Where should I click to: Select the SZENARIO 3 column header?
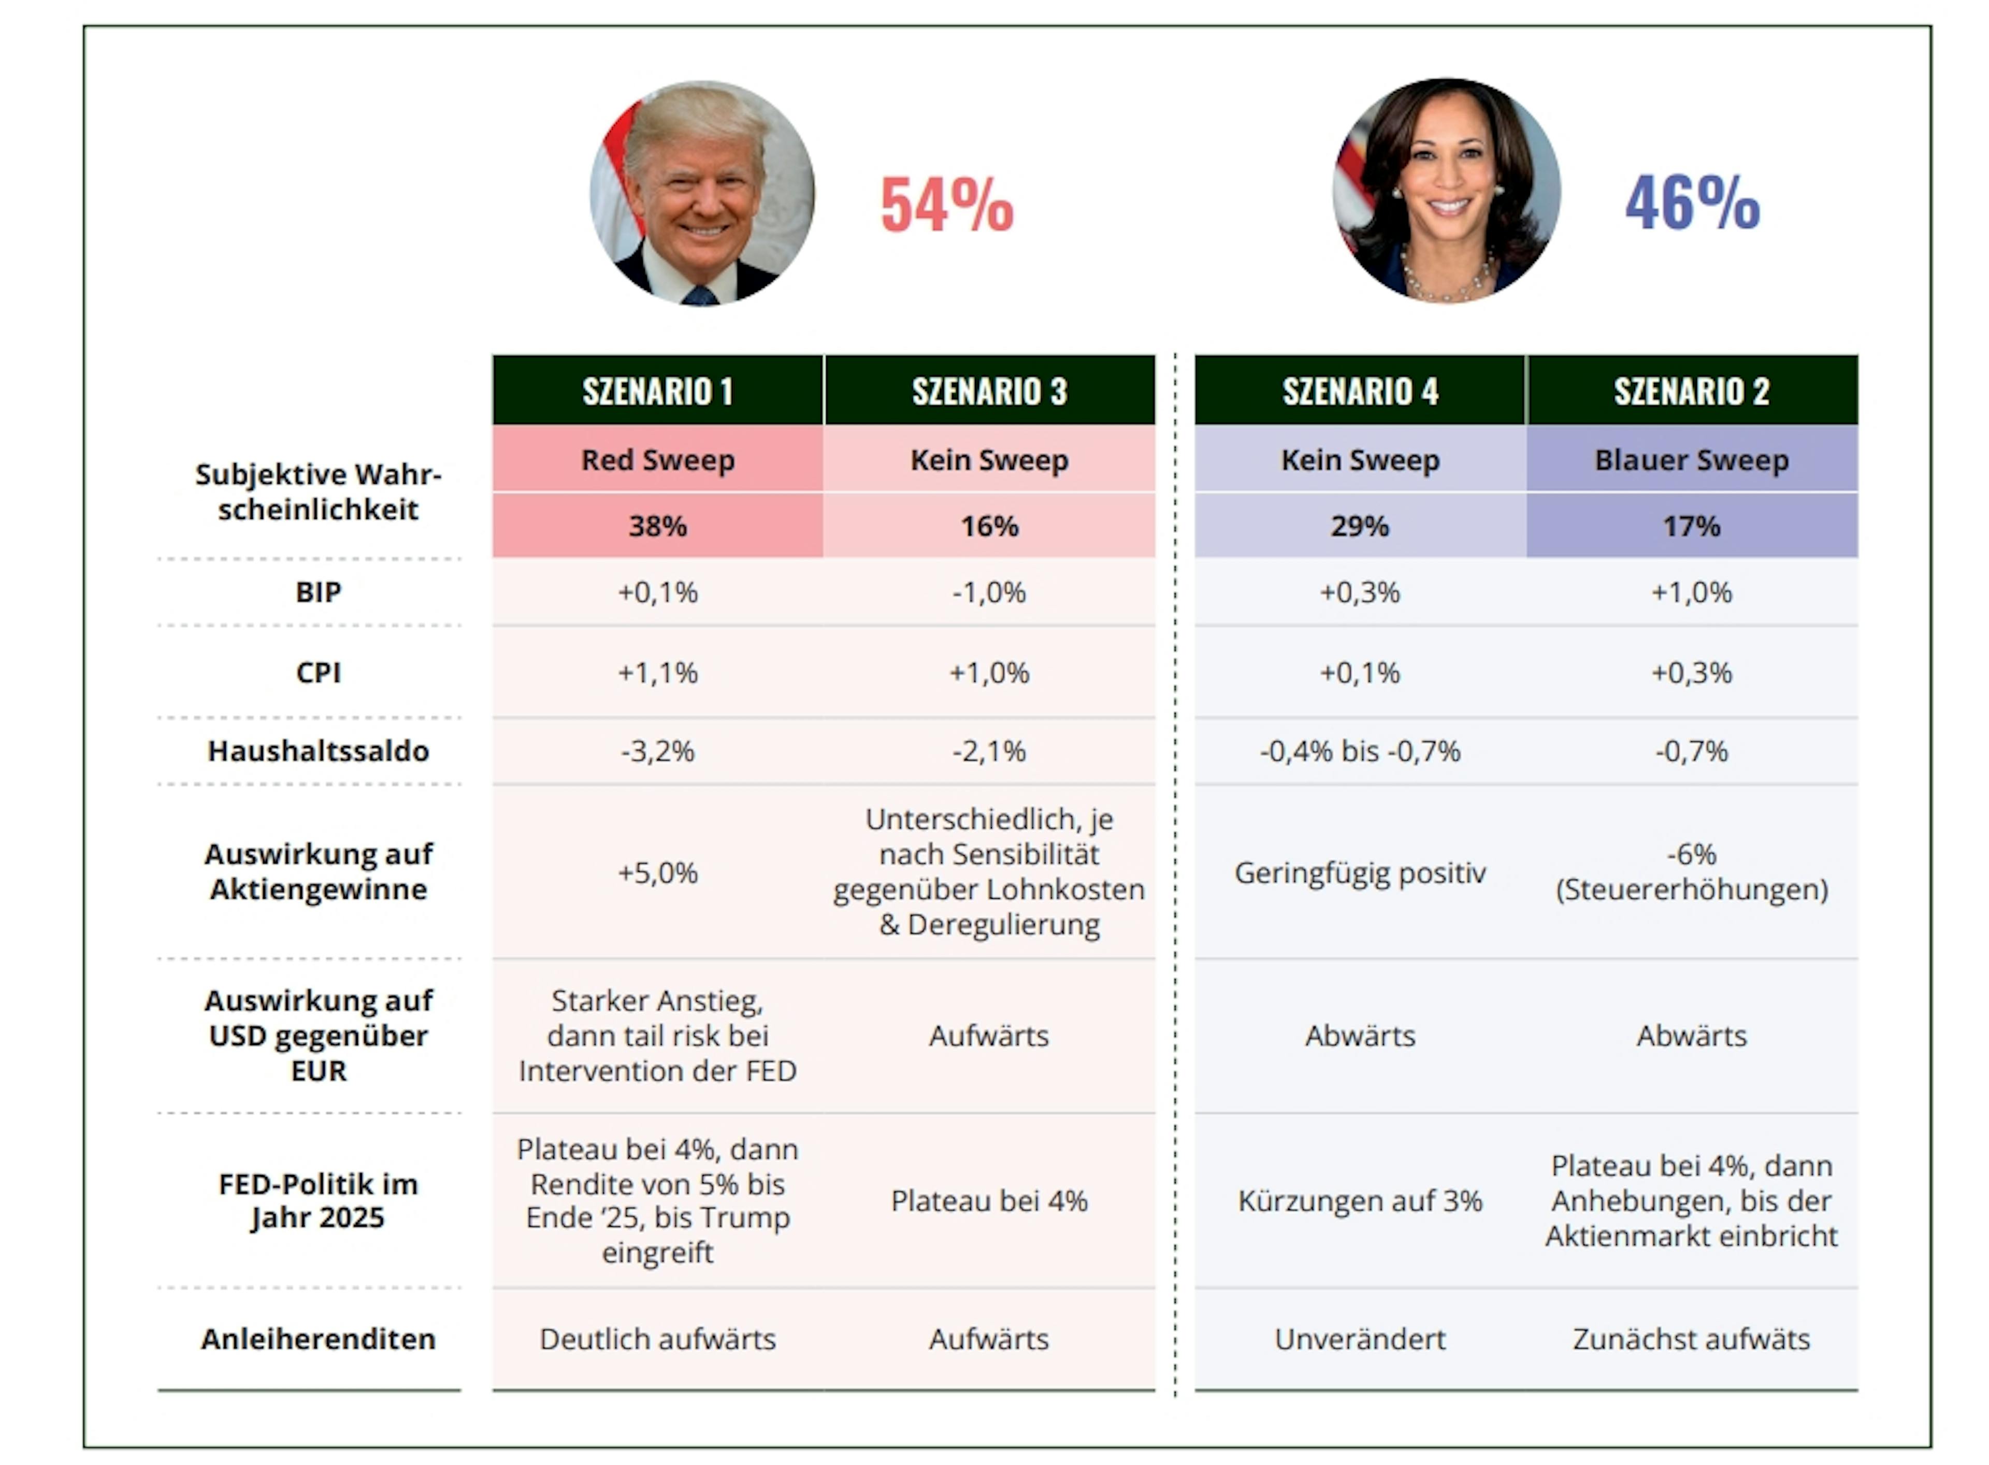click(989, 391)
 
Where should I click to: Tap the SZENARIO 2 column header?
click(1691, 391)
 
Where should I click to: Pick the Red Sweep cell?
click(657, 459)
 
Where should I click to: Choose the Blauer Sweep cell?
click(1691, 459)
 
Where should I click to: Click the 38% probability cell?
click(657, 526)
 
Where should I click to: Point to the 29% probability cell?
click(1359, 526)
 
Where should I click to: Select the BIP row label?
click(318, 592)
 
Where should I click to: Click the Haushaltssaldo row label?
click(318, 751)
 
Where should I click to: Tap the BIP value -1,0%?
click(989, 592)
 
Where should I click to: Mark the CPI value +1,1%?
click(657, 672)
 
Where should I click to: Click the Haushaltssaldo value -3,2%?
click(657, 751)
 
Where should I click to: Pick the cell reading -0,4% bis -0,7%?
click(1359, 751)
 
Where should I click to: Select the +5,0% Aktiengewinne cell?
click(657, 872)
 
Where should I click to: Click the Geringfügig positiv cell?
click(1359, 872)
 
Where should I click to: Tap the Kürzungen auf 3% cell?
click(1359, 1201)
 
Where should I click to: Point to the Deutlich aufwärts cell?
click(657, 1338)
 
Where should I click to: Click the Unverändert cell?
click(1359, 1338)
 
